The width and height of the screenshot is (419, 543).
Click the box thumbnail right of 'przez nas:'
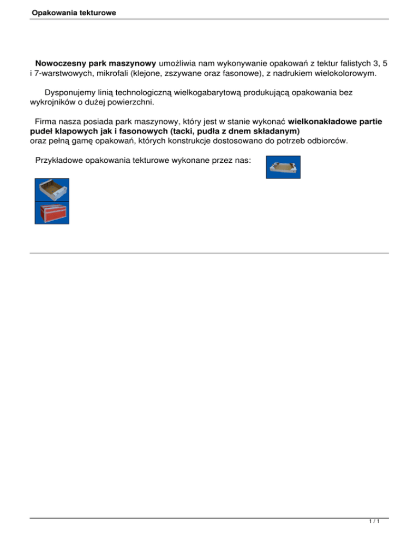pos(283,167)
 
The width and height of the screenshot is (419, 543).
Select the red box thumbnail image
pos(52,212)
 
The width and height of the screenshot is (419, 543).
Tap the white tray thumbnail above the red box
pos(52,190)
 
